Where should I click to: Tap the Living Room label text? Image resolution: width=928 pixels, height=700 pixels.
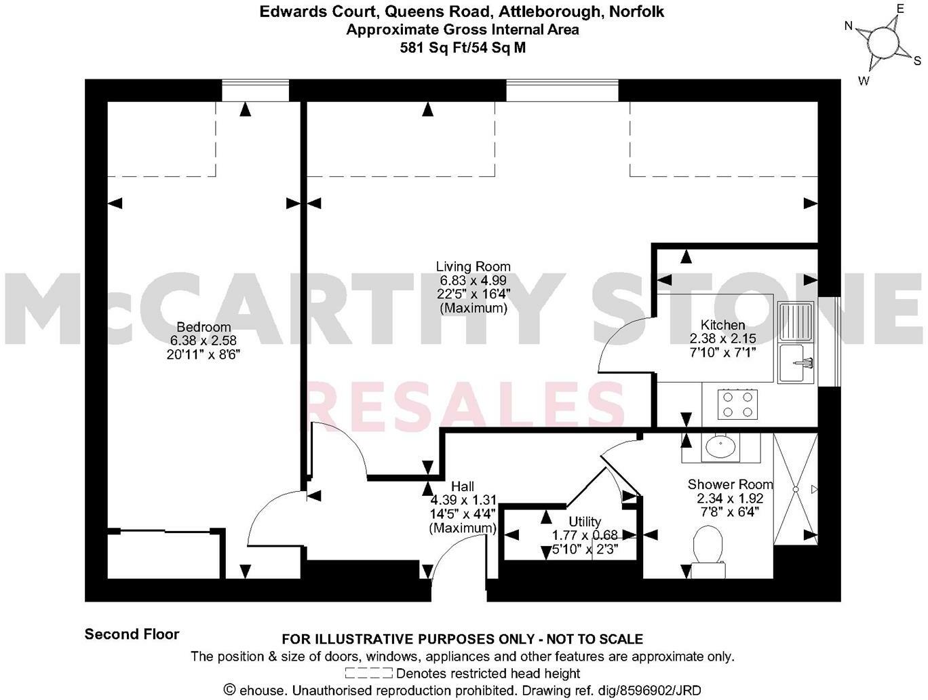pos(473,267)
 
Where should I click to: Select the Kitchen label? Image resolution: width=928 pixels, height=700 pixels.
pos(722,325)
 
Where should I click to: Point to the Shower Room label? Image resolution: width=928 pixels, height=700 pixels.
pos(730,484)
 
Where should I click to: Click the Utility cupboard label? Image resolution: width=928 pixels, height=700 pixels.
pos(585,521)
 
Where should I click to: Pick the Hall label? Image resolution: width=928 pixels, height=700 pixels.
pos(463,486)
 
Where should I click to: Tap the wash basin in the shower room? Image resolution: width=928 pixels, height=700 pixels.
pos(720,447)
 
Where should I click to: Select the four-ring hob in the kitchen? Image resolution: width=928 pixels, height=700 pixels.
pos(738,404)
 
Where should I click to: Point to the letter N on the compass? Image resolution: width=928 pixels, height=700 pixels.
pos(848,26)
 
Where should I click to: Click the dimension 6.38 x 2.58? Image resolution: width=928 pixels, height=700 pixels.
pos(204,341)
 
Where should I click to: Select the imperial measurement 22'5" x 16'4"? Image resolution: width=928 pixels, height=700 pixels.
pos(473,294)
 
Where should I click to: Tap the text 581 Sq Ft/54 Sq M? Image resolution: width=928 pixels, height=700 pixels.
pos(463,47)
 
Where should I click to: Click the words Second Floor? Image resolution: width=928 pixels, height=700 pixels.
pos(132,634)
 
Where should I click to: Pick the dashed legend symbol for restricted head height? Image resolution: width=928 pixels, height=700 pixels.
pos(368,674)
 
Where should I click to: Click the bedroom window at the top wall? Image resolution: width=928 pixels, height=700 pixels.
pos(256,90)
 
